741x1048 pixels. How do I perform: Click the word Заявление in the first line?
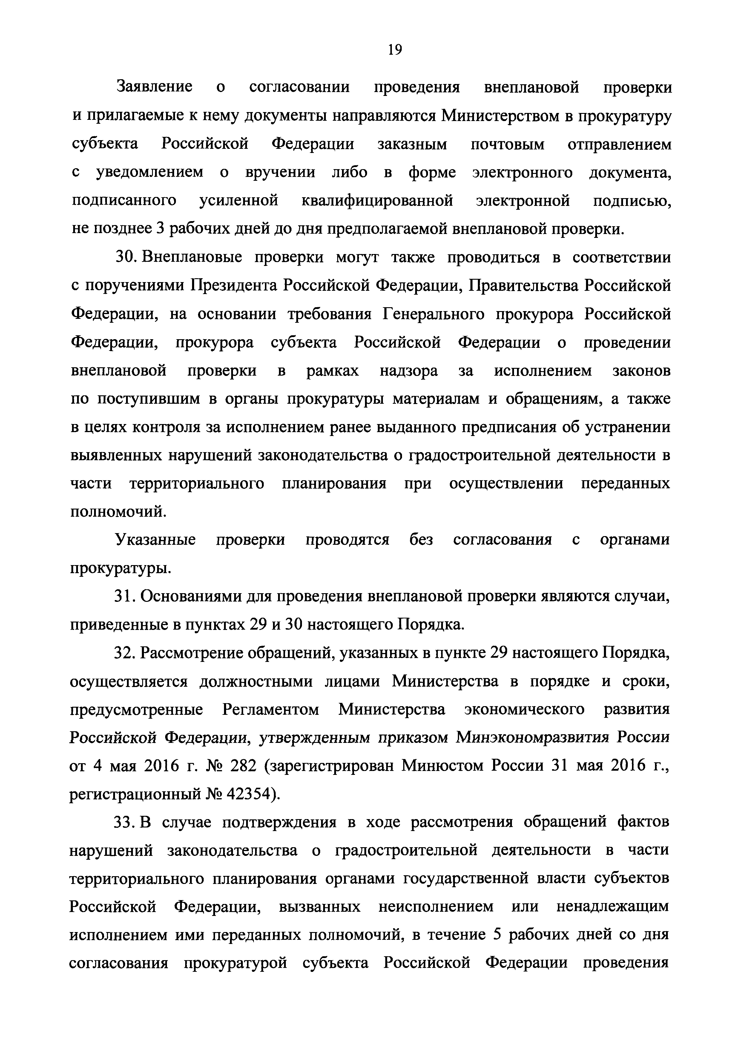(155, 87)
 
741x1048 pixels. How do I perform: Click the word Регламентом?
(271, 710)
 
